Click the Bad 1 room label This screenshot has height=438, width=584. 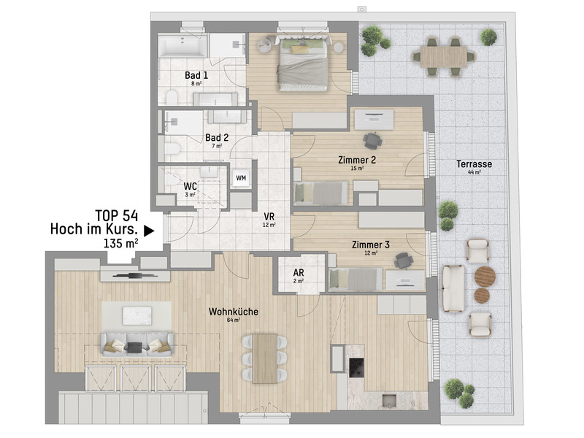[196, 75]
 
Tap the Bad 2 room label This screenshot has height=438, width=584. [217, 137]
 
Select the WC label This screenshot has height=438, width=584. [191, 186]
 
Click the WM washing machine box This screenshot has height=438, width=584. [240, 177]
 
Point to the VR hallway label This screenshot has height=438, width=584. [269, 217]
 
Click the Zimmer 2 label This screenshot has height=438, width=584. [357, 160]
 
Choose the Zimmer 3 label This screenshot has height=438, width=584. [371, 245]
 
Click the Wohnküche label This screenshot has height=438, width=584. [234, 312]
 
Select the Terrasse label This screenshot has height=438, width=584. [474, 164]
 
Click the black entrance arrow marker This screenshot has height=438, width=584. [149, 231]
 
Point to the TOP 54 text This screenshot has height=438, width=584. [118, 215]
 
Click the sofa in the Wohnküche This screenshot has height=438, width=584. [137, 344]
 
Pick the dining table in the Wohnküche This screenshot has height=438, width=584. [266, 357]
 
